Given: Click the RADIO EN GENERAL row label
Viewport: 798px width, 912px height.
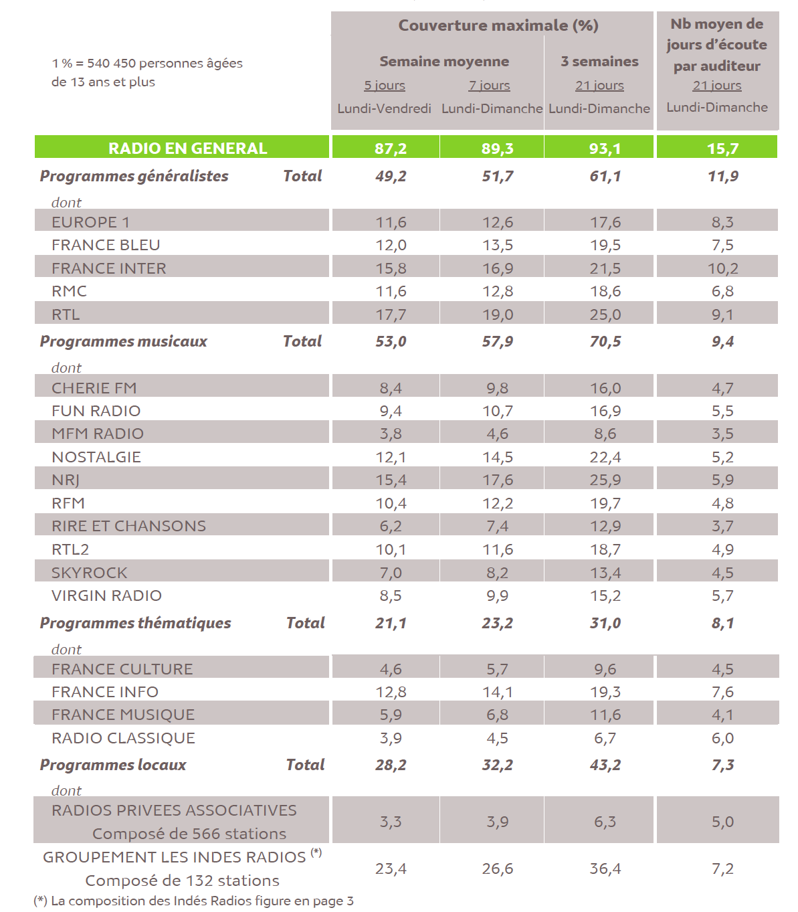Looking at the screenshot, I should (187, 148).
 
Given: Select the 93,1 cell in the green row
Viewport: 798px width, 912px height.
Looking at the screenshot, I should (605, 148).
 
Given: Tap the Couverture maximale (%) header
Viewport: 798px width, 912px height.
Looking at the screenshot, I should (498, 25).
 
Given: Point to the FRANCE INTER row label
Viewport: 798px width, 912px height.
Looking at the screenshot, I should (109, 268).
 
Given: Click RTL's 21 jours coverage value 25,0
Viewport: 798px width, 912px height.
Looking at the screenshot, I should (605, 314).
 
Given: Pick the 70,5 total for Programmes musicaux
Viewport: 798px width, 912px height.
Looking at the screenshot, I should (605, 341).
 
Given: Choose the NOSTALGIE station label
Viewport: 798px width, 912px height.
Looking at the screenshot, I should (96, 457).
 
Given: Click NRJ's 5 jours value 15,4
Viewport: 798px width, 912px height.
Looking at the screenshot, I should (391, 480).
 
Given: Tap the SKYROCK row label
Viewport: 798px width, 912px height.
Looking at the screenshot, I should (90, 573).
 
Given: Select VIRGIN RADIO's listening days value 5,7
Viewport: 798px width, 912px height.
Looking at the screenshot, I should (722, 596).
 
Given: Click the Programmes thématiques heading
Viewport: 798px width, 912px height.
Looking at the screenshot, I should (135, 623).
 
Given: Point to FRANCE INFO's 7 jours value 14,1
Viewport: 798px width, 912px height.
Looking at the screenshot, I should (498, 692).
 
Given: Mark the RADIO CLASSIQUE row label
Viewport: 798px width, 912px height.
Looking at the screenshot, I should (124, 738).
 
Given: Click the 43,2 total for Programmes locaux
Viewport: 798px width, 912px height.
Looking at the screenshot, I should (605, 765).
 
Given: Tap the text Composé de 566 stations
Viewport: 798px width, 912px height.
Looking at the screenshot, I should (189, 834).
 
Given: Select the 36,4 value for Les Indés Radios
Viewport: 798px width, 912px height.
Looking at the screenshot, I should (605, 869).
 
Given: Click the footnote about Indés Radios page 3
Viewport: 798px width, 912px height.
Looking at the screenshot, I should (194, 901).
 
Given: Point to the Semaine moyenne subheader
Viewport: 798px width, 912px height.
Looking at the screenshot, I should (444, 62).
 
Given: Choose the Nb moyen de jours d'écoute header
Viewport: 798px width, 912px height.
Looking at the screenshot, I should (716, 45).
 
